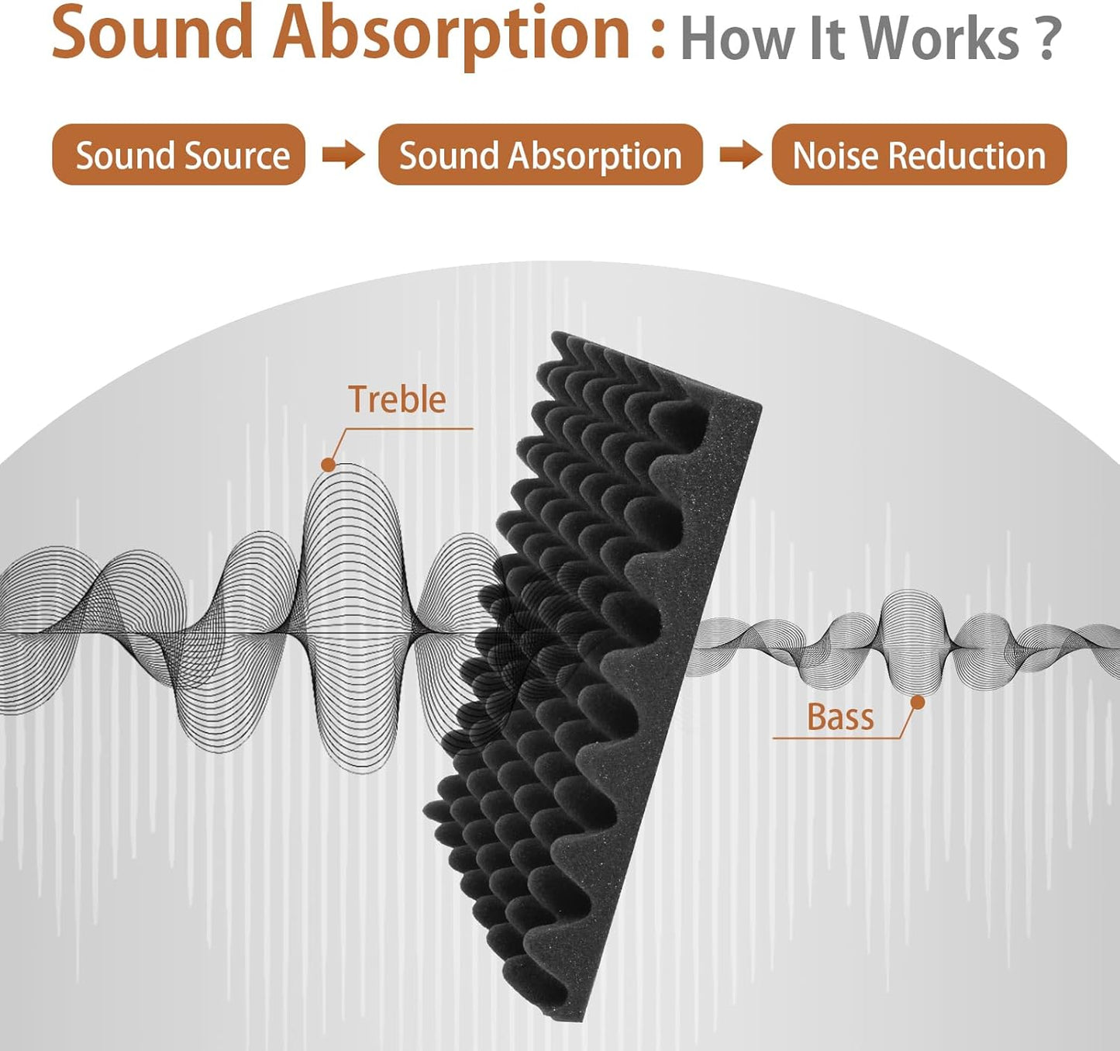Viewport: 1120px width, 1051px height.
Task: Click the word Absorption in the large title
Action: [451, 35]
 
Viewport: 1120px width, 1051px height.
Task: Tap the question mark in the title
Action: [1048, 39]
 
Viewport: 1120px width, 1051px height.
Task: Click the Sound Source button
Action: [178, 155]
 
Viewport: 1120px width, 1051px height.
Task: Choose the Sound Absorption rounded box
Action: [540, 155]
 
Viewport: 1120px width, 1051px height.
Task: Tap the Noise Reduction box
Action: [918, 155]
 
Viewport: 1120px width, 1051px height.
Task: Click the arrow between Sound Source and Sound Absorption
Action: [343, 154]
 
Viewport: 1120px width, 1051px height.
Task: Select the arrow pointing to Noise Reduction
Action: [740, 154]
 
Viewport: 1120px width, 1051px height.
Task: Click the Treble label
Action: [397, 400]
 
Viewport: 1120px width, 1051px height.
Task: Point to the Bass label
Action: [840, 717]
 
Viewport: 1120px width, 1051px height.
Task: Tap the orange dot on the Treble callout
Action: [328, 465]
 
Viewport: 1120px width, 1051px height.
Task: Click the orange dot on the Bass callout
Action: [918, 703]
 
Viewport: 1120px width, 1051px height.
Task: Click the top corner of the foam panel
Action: [555, 335]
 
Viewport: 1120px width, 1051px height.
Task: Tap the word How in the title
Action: [738, 39]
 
